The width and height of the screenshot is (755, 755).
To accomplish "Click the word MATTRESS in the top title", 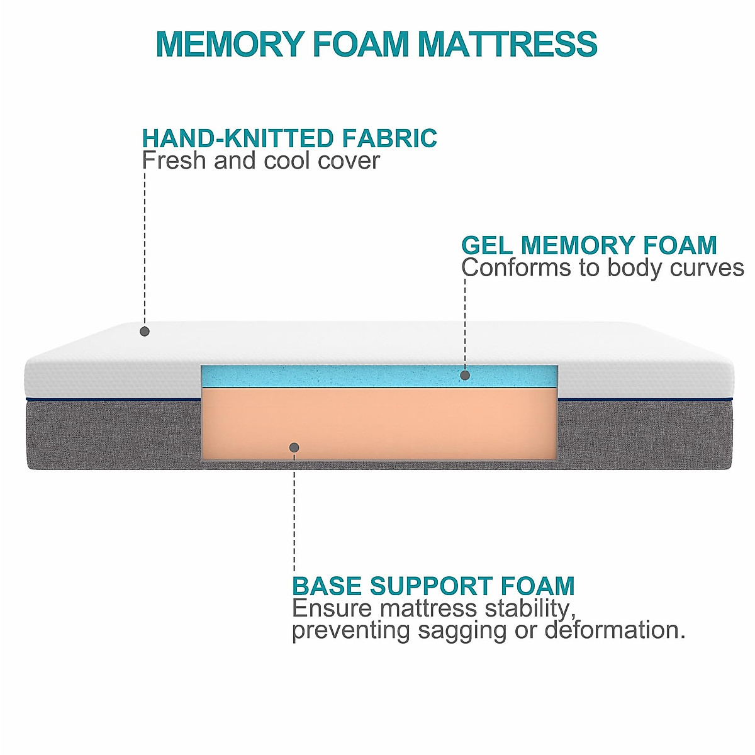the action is [507, 44].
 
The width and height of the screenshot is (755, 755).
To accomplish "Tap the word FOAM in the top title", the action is [361, 44].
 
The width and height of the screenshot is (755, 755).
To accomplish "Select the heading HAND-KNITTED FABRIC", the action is [289, 138].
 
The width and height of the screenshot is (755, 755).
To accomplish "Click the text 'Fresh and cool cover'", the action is [260, 160].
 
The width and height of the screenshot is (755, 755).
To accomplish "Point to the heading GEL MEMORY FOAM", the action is [589, 245].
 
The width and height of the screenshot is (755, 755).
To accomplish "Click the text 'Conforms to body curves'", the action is [602, 268].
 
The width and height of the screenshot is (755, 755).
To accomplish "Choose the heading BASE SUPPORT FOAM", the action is [433, 586].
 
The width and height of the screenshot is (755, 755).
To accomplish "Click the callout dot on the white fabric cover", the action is [145, 331].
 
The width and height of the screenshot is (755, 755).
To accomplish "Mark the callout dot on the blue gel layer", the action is [465, 375].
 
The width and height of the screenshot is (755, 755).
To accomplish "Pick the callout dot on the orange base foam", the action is [294, 447].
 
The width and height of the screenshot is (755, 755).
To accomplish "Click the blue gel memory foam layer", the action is [346, 376].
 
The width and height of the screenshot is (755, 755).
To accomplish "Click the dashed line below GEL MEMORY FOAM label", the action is [465, 321].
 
